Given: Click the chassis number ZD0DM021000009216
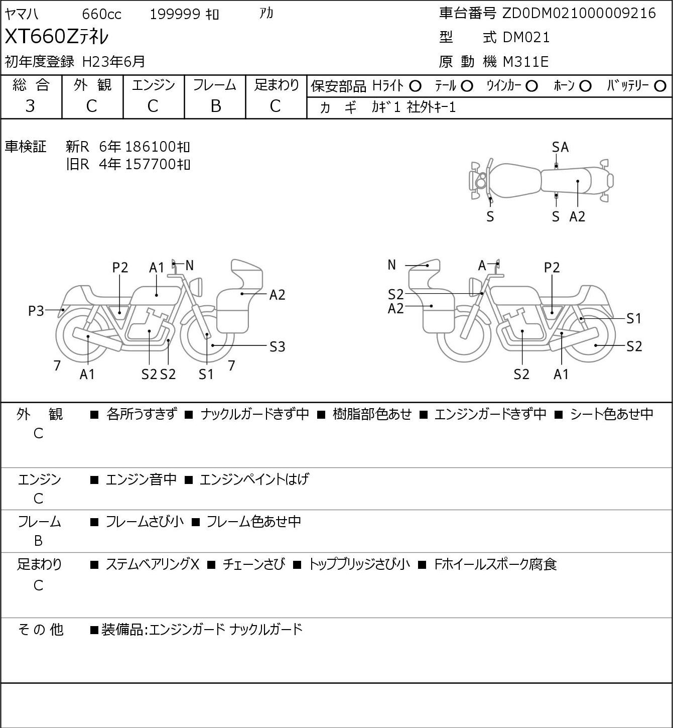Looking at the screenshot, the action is (x=579, y=14).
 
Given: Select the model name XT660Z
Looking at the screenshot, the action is (x=41, y=37).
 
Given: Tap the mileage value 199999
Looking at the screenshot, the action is (x=175, y=14).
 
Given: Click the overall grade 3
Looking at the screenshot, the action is (x=30, y=106).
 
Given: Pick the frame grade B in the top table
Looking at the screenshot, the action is (x=215, y=106).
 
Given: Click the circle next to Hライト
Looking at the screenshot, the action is (x=415, y=86).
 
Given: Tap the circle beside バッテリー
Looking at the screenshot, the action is (x=660, y=86).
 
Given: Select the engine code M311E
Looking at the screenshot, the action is (x=525, y=62).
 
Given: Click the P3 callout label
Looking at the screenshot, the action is (x=36, y=311).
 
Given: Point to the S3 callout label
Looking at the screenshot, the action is (x=277, y=347).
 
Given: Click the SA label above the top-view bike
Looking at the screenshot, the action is (x=560, y=148).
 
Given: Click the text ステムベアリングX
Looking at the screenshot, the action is (x=153, y=564).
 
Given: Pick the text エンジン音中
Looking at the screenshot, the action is (x=141, y=479).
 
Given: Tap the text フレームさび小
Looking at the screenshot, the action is (x=145, y=522).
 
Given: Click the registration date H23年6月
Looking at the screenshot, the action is (x=113, y=62).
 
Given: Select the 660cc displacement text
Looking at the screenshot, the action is (x=101, y=14).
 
